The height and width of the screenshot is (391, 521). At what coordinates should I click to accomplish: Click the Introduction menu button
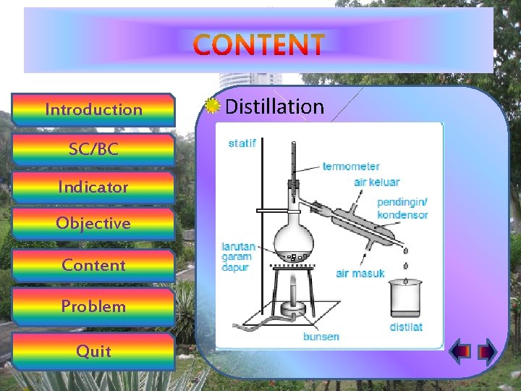coord(93,110)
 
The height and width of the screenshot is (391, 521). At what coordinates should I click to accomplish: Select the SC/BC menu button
coord(93,149)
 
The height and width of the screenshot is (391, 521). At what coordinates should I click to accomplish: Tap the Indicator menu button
coord(93,187)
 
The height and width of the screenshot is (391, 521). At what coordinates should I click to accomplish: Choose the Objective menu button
coord(93,223)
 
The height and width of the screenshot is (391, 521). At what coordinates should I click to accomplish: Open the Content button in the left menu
coord(93,265)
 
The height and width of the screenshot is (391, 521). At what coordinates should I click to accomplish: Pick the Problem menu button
coord(93,306)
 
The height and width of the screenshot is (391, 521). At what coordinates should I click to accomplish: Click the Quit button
coord(93,351)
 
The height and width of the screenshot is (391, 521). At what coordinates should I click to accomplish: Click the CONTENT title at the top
coord(259,45)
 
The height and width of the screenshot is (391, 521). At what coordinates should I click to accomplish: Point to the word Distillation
coord(274,107)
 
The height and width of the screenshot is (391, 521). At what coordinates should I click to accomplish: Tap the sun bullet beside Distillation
coord(211,106)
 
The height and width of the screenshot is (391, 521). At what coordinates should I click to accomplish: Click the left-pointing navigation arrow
coord(460,352)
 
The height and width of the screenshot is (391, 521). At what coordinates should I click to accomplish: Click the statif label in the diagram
coord(242,143)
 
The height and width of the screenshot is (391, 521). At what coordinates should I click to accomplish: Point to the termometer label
coord(351,167)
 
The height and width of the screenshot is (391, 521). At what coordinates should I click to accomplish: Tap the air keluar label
coord(376,182)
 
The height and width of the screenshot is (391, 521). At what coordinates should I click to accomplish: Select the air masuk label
coord(360,274)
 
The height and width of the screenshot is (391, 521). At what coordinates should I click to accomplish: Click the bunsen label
coord(321,337)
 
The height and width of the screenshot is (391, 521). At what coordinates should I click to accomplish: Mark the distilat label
coord(406,327)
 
